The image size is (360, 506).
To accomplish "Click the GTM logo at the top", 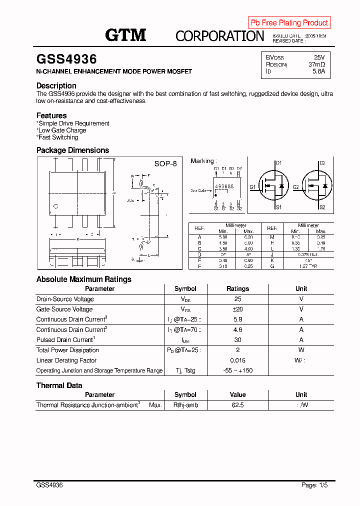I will [125, 35].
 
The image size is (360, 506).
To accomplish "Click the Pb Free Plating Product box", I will [289, 22].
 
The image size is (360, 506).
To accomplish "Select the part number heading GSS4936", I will [66, 59].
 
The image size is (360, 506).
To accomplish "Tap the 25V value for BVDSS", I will [319, 57].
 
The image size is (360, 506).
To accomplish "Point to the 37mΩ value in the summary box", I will [316, 64].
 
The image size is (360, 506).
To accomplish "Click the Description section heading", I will [56, 85].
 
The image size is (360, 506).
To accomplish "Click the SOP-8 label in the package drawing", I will [165, 164].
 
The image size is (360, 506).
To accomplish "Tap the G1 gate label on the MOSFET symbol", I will [252, 187].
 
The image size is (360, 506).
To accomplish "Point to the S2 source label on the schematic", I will [322, 207].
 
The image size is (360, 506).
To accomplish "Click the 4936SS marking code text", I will [224, 186].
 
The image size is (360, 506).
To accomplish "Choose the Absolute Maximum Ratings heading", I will [84, 279].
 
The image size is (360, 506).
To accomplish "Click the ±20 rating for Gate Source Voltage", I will [237, 309].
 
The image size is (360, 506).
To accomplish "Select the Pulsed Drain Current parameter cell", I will [65, 340].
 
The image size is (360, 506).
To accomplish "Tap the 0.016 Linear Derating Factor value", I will [237, 360].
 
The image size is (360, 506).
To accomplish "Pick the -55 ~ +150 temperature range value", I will [237, 370].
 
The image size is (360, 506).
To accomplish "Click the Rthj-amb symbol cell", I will [185, 405].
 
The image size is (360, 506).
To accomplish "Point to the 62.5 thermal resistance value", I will [237, 405].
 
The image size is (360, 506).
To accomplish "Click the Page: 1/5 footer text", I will [314, 485].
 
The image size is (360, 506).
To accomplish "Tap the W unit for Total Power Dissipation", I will [301, 350].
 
